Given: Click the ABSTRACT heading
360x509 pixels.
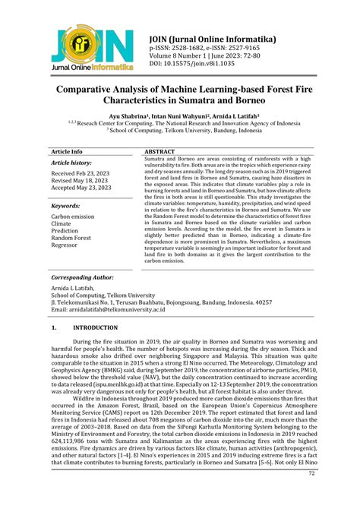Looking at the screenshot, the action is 161,151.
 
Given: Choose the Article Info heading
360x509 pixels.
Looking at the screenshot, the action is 67,151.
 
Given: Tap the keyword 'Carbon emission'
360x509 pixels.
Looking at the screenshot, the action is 73,217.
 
